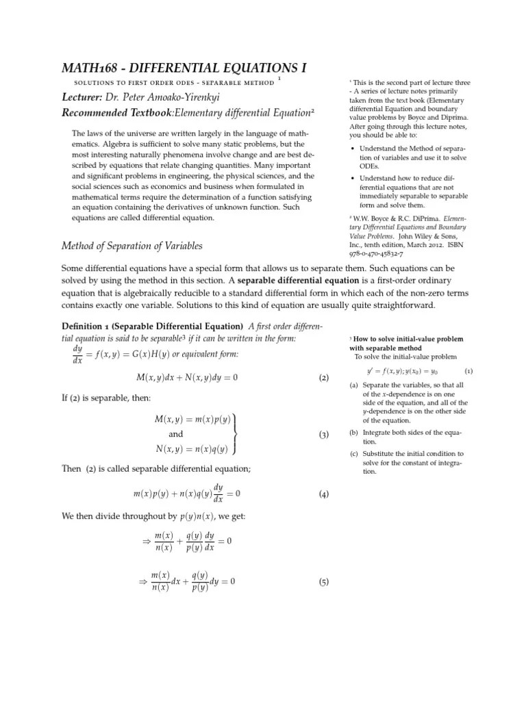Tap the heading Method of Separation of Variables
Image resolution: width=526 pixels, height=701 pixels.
pyautogui.click(x=132, y=246)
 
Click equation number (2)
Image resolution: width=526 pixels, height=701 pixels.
pyautogui.click(x=324, y=377)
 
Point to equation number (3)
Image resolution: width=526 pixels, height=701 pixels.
pyautogui.click(x=324, y=435)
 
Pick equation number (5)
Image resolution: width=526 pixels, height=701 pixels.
pyautogui.click(x=324, y=583)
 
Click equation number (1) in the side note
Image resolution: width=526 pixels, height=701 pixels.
pyautogui.click(x=468, y=371)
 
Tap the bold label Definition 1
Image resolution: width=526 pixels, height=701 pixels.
pyautogui.click(x=97, y=325)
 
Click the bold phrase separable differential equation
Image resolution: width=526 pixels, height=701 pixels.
pyautogui.click(x=299, y=280)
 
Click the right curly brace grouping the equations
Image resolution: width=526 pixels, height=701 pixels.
pyautogui.click(x=236, y=433)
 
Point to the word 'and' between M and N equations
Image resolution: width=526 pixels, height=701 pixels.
pyautogui.click(x=176, y=434)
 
